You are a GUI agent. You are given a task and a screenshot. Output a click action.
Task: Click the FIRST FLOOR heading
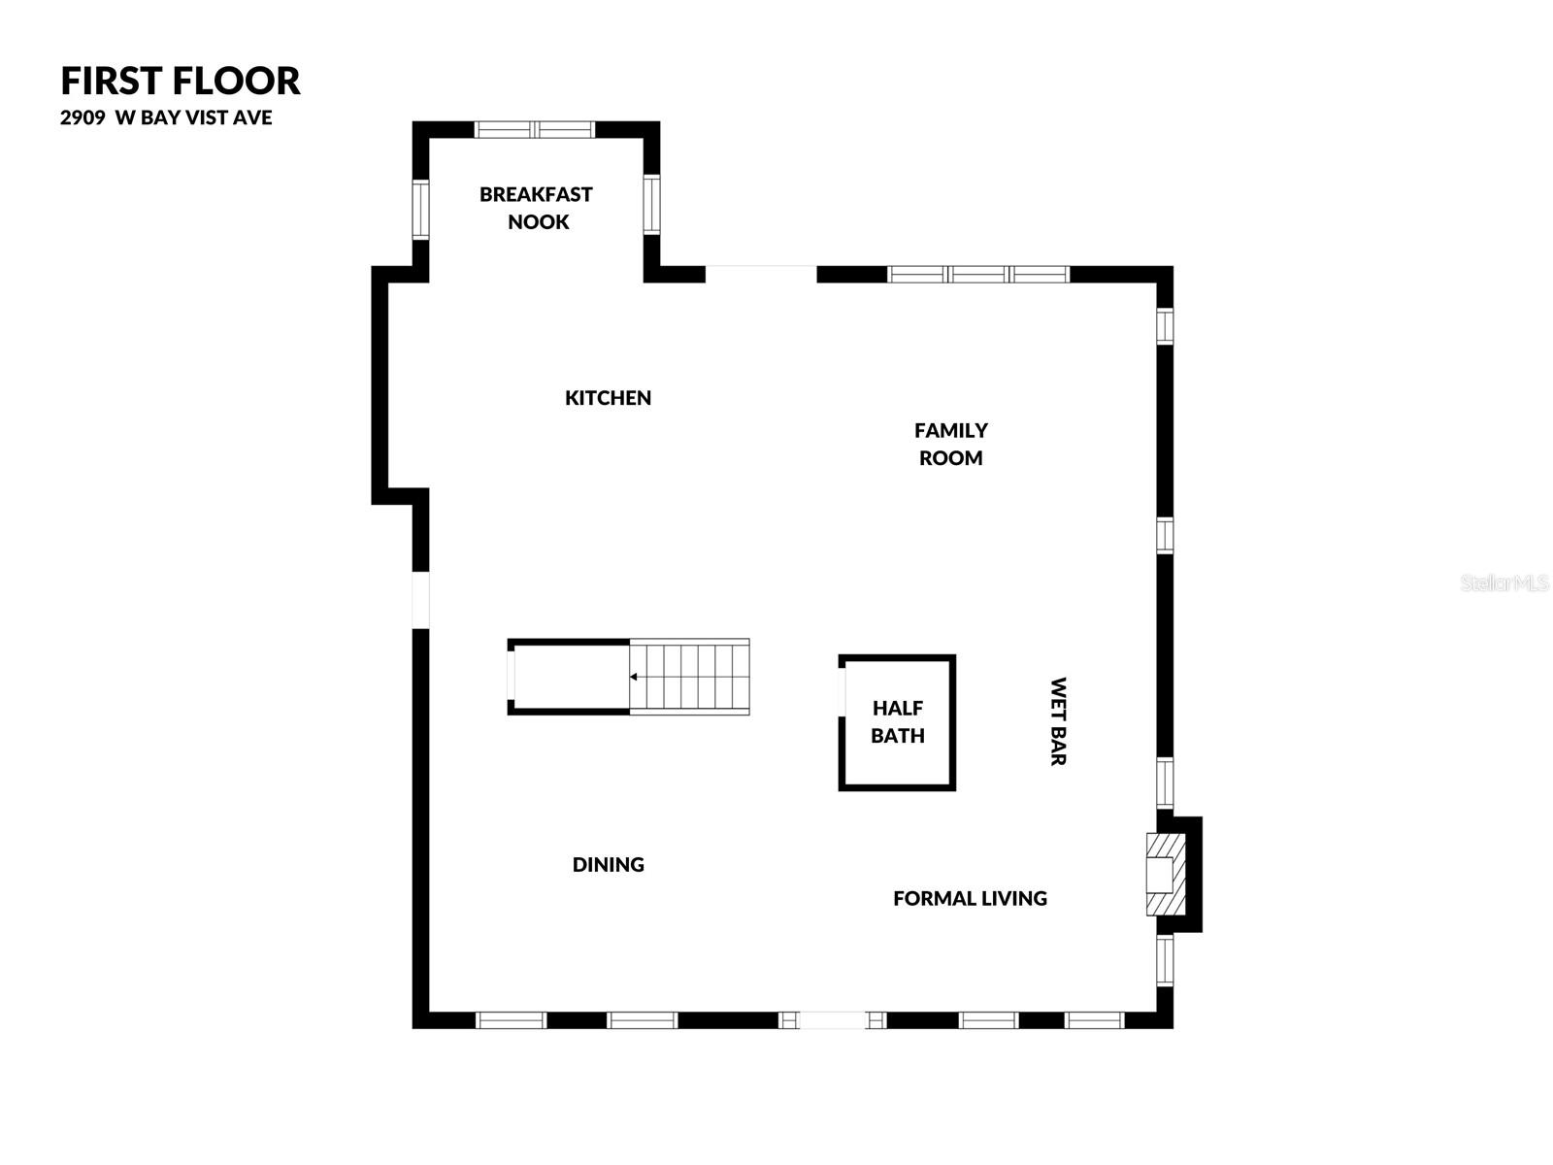coord(181,81)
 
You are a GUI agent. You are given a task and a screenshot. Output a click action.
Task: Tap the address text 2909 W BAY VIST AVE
coord(166,118)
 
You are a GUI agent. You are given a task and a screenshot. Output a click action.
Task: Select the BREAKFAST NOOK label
coord(536,208)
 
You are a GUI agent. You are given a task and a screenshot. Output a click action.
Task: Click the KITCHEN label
coord(608,398)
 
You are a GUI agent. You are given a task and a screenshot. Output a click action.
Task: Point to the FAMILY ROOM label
coord(950,444)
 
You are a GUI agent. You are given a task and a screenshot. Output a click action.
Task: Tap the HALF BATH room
coord(897,722)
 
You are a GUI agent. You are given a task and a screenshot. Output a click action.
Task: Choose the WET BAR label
coord(1058,721)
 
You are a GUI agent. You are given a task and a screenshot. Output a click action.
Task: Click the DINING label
coord(608,865)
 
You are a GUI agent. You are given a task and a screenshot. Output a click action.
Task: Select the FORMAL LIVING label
coord(970,899)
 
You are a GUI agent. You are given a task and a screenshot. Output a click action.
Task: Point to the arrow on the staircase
coord(635,677)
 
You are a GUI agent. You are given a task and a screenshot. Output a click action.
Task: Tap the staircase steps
coord(690,677)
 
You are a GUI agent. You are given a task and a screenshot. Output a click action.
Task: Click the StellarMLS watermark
coord(1504,583)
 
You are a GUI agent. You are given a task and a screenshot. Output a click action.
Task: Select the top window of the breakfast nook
coord(534,130)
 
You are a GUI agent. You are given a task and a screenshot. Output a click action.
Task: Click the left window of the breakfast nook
coord(420,209)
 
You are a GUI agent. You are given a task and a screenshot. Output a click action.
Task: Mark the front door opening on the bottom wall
coord(832,1020)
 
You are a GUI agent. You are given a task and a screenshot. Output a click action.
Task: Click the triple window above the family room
coord(978,275)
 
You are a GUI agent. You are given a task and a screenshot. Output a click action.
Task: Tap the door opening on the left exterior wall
coord(420,599)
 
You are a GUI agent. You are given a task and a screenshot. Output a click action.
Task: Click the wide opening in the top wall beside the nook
coord(761,274)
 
